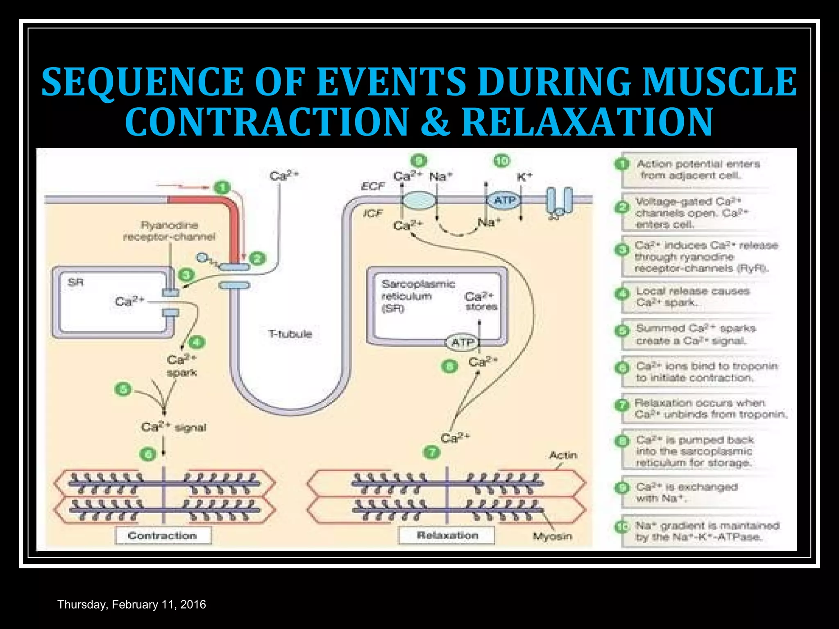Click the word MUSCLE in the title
click(719, 82)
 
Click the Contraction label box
click(163, 535)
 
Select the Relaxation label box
click(447, 535)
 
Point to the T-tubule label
click(290, 334)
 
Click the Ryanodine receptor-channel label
click(169, 231)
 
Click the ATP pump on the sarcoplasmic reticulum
click(463, 342)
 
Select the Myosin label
click(552, 536)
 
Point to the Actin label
click(563, 455)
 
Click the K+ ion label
click(524, 177)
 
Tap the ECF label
click(372, 186)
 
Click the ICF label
click(372, 213)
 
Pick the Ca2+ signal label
click(174, 427)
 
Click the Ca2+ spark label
click(181, 366)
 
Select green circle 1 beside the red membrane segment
click(222, 188)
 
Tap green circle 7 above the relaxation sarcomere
click(432, 453)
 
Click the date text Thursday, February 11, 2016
click(132, 604)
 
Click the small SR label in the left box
click(76, 282)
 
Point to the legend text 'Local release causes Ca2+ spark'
click(692, 297)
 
